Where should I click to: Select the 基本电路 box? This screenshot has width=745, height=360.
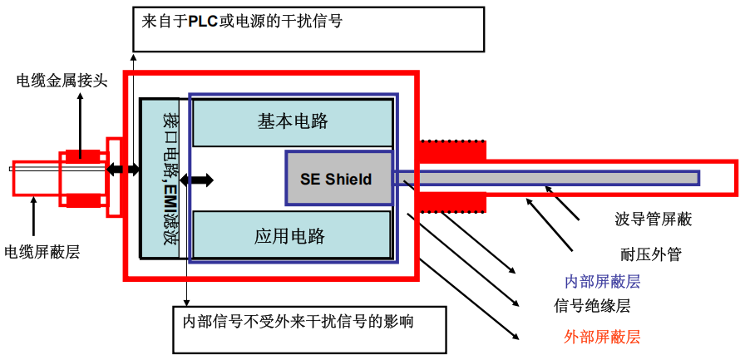(x=292, y=121)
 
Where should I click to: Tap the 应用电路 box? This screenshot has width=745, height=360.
(x=292, y=235)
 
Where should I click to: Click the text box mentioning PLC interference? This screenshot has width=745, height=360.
(x=308, y=29)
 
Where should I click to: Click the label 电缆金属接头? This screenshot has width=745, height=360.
(x=62, y=81)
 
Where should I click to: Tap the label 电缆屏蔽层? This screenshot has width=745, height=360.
(x=42, y=251)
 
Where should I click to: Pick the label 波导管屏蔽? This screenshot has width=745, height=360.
(x=654, y=219)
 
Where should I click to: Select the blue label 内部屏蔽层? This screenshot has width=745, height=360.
(x=603, y=281)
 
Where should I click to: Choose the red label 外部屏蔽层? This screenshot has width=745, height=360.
(x=602, y=337)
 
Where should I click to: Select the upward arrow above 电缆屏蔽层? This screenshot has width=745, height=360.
(x=33, y=216)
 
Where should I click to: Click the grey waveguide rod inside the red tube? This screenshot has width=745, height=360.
(x=549, y=177)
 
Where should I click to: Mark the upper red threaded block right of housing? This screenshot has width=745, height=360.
(x=453, y=150)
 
